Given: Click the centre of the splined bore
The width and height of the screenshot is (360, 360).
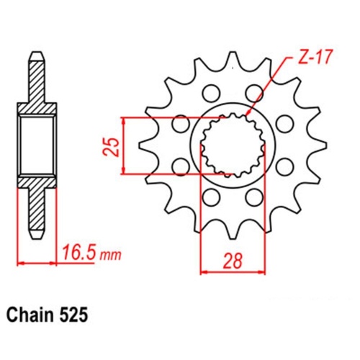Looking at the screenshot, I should pos(231,144).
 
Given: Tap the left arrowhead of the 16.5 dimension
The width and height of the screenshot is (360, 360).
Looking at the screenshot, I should pos(19,263).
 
